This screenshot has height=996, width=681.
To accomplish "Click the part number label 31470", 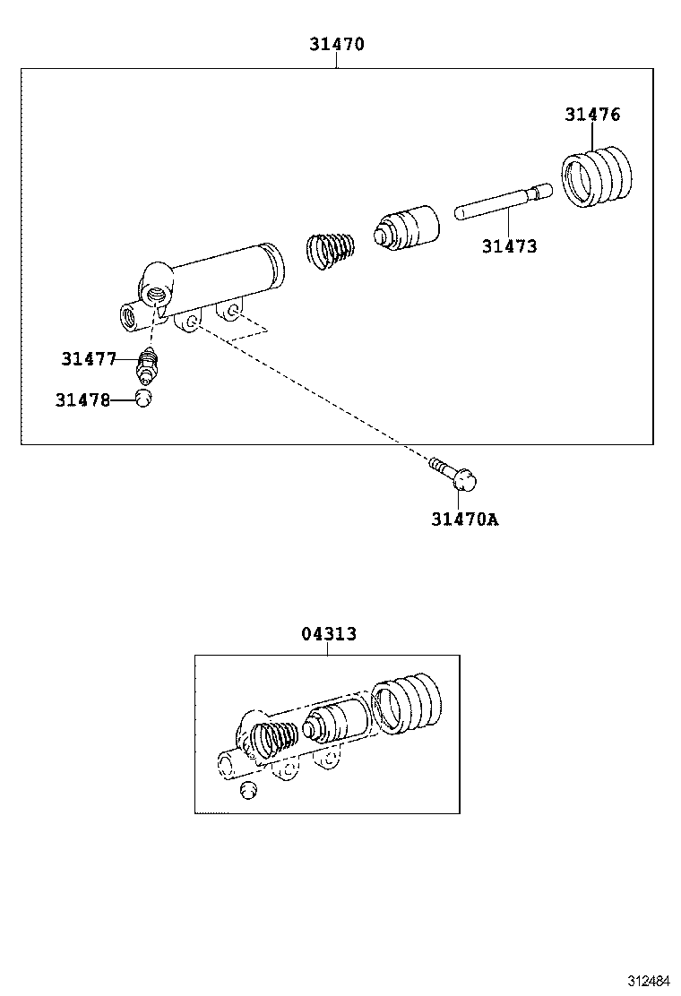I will pyautogui.click(x=337, y=44).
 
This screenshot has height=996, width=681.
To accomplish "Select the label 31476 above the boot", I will pyautogui.click(x=592, y=114).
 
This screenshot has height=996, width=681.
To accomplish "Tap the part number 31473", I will pyautogui.click(x=509, y=246).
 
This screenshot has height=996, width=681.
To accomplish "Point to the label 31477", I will pyautogui.click(x=89, y=359).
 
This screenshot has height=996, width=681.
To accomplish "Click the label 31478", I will pyautogui.click(x=82, y=400).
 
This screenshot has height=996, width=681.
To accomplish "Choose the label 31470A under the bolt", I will pyautogui.click(x=464, y=519).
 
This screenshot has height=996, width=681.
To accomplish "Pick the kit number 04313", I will pyautogui.click(x=328, y=634).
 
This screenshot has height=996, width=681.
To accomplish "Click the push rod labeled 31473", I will pyautogui.click(x=502, y=202).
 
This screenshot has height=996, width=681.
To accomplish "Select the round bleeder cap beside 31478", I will pyautogui.click(x=145, y=399).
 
